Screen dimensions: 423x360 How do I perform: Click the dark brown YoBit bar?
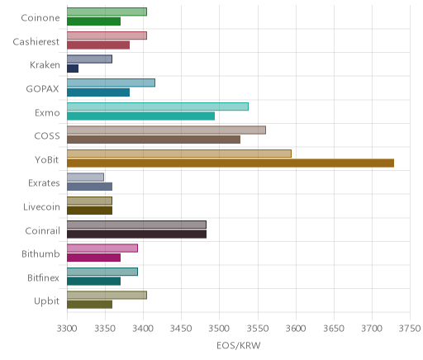coord(231,163)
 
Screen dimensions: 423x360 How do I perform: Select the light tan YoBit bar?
coord(179,154)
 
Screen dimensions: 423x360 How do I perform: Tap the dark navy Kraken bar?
coord(73,69)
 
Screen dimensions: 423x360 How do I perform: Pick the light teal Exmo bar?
coord(158,107)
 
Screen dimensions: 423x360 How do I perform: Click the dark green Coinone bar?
coord(94,21)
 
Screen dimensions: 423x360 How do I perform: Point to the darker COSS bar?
coord(154,140)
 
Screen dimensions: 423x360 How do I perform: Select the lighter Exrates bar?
coord(85,177)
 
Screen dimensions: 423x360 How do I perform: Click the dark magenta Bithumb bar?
coord(94,258)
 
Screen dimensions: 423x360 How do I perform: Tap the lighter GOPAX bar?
coord(111,83)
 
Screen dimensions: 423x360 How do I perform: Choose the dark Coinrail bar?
coord(136,234)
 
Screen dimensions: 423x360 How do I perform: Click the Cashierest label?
coord(36,42)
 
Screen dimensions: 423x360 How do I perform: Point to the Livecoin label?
coord(41,206)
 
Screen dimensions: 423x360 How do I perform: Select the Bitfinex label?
coord(44,277)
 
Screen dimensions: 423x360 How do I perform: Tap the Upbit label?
coord(46,301)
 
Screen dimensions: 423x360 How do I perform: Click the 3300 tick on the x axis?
coord(67,329)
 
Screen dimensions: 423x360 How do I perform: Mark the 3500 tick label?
coord(220,329)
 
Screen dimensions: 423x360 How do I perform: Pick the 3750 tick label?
coord(410,329)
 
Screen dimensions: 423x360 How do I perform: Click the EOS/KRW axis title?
coord(239,345)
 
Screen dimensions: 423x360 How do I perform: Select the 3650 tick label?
coord(334,329)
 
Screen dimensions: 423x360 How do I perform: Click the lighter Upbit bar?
coord(107,295)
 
